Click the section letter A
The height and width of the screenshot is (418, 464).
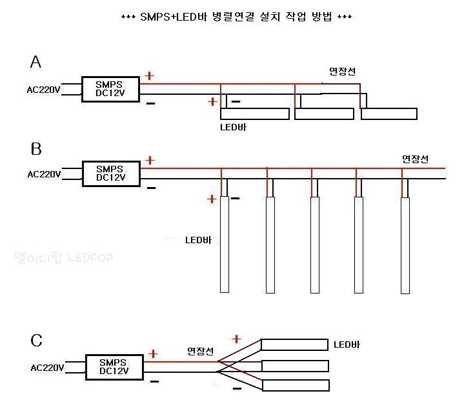[36, 62]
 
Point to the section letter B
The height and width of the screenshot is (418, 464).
[36, 149]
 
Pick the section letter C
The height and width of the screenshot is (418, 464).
[37, 340]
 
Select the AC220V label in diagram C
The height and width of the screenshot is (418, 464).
[47, 368]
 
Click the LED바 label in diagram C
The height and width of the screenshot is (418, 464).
[347, 344]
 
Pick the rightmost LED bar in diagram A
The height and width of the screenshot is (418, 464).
[389, 114]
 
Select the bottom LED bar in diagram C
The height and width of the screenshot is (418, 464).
[295, 385]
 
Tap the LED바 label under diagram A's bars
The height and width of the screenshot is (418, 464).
[233, 127]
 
